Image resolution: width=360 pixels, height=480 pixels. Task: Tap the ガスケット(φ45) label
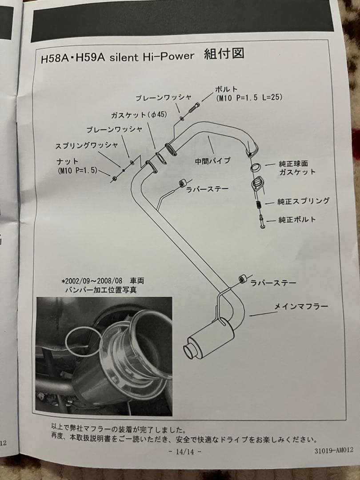139,115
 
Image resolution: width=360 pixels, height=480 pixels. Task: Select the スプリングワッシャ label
87,145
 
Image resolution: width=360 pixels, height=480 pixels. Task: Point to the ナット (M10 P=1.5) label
77,166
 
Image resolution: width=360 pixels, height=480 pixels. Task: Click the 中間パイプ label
212,161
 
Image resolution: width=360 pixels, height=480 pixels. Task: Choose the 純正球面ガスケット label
297,168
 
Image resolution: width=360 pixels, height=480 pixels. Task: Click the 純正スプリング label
304,201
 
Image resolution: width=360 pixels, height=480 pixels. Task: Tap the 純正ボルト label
297,220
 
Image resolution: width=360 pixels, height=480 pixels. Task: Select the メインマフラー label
301,307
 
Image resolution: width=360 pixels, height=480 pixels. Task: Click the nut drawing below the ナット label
114,178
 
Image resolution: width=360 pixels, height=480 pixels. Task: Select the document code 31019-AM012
333,450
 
